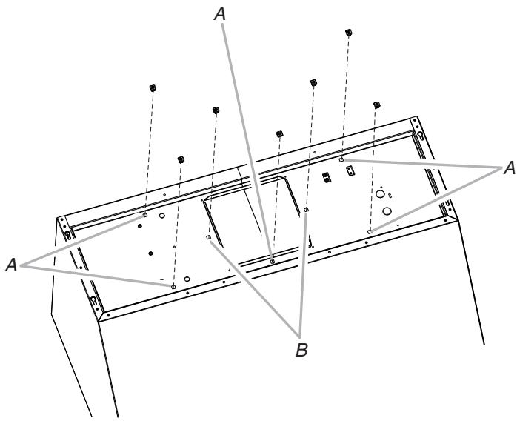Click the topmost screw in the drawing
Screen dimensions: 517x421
[x=347, y=33]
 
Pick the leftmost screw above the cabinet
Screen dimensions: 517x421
[x=152, y=87]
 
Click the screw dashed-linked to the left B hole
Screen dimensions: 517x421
[x=215, y=110]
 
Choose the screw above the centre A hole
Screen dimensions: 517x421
[x=279, y=133]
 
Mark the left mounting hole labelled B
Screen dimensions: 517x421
[x=208, y=238]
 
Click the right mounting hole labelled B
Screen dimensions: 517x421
[x=306, y=210]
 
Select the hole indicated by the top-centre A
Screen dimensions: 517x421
[x=273, y=261]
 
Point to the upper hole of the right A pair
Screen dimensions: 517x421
[x=341, y=159]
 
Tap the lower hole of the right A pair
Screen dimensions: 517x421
[x=369, y=231]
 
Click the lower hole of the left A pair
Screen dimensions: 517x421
[x=173, y=285]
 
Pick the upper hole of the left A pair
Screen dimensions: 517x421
[x=145, y=216]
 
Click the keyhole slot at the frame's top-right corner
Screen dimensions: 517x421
[x=420, y=136]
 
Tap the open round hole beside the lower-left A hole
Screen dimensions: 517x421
[x=187, y=279]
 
